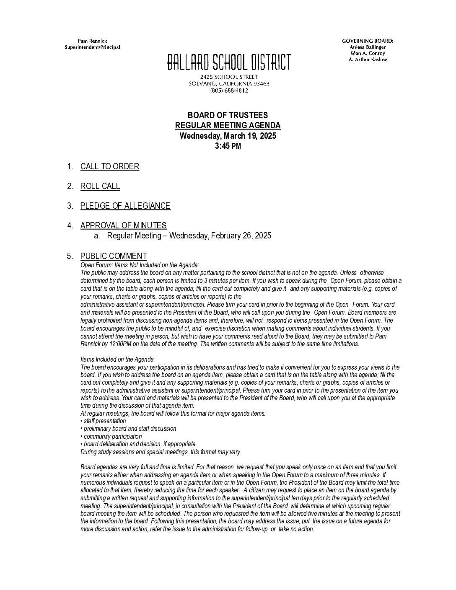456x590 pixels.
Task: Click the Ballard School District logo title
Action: (x=228, y=62)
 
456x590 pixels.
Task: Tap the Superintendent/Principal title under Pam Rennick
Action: (x=92, y=47)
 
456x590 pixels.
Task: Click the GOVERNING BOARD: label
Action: (x=368, y=41)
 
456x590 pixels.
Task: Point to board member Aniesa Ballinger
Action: (x=368, y=47)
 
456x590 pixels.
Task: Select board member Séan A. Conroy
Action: (x=368, y=54)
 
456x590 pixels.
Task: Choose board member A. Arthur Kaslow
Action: (x=368, y=60)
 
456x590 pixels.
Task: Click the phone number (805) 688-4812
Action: (x=229, y=90)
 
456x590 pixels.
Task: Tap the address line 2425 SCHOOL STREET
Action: (x=229, y=77)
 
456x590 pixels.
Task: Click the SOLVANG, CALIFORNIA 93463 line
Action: (x=229, y=83)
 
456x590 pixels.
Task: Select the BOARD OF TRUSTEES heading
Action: (x=228, y=115)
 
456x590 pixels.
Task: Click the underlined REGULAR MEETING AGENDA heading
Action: (x=228, y=126)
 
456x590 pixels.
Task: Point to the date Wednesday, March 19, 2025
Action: (x=228, y=136)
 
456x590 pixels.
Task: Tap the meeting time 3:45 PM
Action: (x=228, y=146)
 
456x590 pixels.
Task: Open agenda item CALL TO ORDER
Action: (x=110, y=167)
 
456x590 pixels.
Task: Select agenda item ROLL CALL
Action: (x=100, y=186)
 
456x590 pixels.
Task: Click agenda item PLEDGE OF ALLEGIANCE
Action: (x=125, y=206)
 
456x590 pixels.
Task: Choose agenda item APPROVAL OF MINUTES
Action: (x=123, y=226)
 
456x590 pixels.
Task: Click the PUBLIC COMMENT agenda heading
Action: (x=114, y=256)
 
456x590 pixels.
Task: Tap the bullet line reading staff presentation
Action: (x=104, y=421)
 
